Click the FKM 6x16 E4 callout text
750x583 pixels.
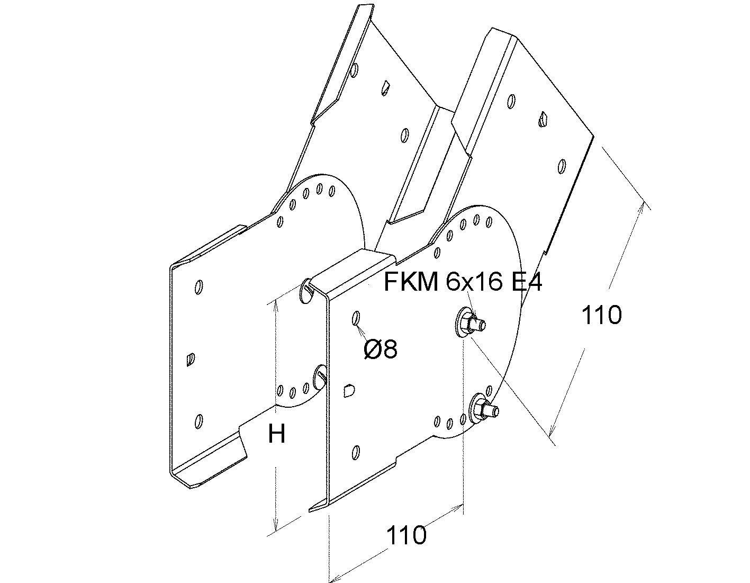click(x=463, y=282)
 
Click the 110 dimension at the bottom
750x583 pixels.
click(x=406, y=535)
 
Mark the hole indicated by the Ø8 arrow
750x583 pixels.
click(x=356, y=318)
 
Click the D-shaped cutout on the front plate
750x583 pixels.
click(x=350, y=390)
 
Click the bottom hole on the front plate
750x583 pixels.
click(x=356, y=453)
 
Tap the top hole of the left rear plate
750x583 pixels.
click(x=199, y=286)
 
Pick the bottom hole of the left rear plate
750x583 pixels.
click(x=198, y=421)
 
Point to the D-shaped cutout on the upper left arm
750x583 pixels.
click(x=385, y=88)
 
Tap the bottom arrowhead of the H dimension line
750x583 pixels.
click(x=275, y=527)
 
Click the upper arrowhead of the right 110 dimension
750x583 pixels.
click(x=641, y=207)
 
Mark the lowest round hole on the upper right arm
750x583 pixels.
click(x=562, y=166)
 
